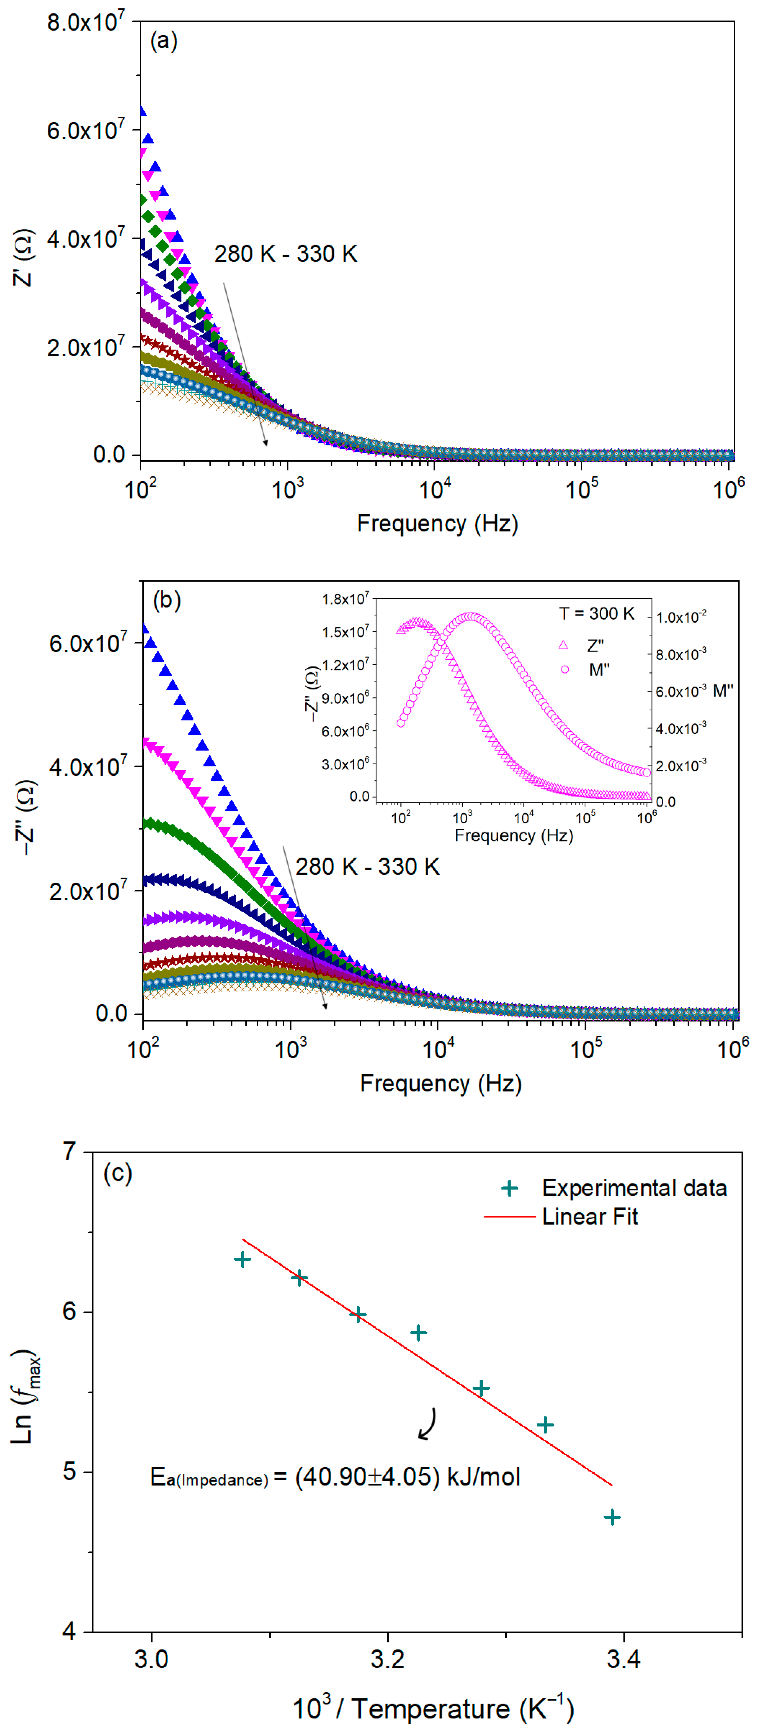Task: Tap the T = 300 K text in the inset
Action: [x=596, y=613]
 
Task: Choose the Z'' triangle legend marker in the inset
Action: [x=563, y=645]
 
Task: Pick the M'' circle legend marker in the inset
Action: [x=565, y=669]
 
